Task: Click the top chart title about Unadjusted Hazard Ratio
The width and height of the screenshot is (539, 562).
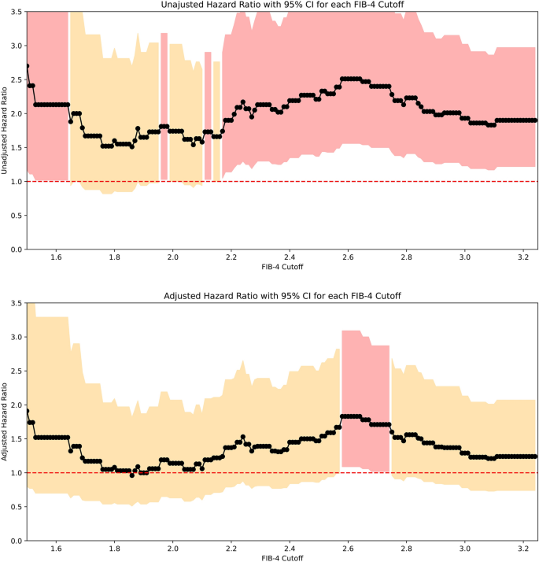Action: pos(282,6)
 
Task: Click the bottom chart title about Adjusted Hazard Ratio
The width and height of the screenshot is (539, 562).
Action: pos(282,294)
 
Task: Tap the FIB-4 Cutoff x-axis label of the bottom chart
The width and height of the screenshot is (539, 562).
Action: pos(282,557)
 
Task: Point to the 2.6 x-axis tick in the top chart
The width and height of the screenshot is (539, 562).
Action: pos(348,257)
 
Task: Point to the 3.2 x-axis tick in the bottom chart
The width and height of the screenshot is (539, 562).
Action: pos(522,548)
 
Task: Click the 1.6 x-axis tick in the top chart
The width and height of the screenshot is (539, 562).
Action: pos(56,257)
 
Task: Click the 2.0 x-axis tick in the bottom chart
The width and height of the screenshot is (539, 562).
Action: pos(172,548)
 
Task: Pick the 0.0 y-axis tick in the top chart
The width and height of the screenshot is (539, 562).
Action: pos(15,250)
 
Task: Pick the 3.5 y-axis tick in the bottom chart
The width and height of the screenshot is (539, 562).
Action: pos(15,303)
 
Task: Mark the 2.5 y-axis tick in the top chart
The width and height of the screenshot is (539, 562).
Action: pos(15,79)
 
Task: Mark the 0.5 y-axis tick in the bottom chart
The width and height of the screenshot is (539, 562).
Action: pos(15,507)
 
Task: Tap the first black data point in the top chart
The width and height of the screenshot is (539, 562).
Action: pos(28,66)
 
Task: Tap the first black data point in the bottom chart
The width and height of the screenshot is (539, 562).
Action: pos(28,411)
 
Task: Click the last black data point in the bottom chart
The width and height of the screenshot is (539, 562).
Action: pos(535,457)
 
